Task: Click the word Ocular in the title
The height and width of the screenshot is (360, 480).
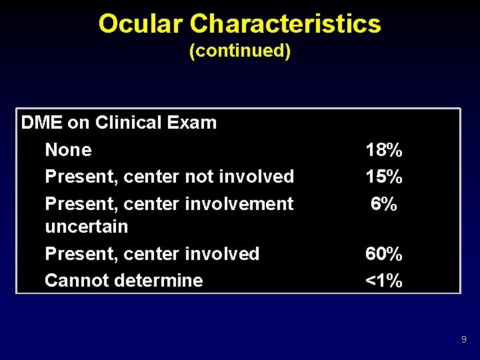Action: (141, 24)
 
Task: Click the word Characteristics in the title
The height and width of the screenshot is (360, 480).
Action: (285, 24)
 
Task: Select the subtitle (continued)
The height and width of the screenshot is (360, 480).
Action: (240, 51)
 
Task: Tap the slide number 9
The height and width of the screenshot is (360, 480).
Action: (463, 340)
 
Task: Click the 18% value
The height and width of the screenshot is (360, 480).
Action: (383, 150)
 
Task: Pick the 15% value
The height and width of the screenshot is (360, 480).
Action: (383, 177)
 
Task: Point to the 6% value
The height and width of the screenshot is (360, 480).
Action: (385, 204)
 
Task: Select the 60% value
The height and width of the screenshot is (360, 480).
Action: (383, 254)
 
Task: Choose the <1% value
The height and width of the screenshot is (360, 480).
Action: (383, 281)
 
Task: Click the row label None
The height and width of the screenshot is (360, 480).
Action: (68, 150)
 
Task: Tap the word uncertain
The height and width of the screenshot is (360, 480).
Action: (86, 227)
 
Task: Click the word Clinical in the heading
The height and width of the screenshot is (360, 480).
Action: (128, 123)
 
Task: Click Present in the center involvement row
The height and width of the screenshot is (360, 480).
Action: (73, 204)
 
